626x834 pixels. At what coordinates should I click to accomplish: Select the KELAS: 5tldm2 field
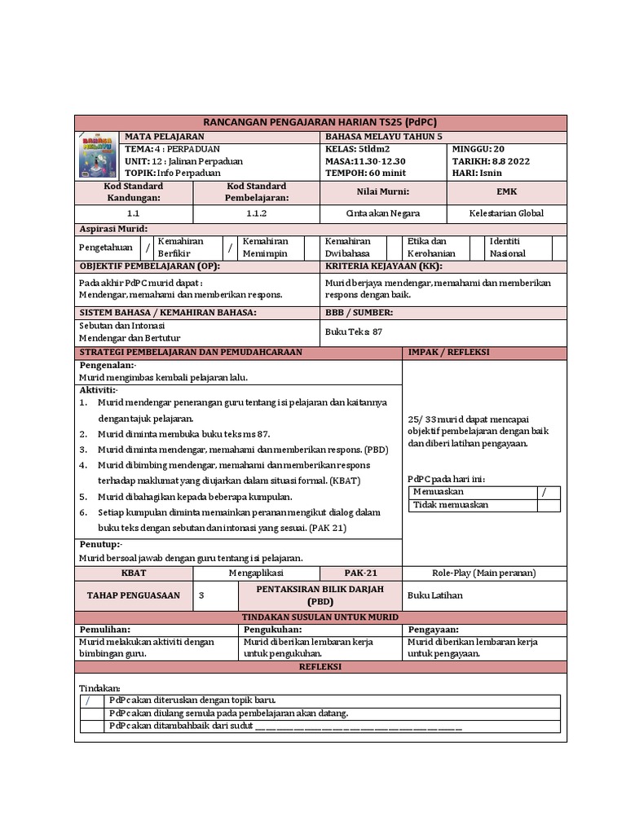click(x=358, y=149)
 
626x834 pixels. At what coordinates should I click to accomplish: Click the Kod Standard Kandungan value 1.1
click(x=134, y=213)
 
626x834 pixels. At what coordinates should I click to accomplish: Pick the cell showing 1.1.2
click(x=257, y=213)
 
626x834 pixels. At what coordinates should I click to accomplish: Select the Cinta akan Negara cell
click(x=383, y=213)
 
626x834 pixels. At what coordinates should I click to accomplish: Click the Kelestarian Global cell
click(x=506, y=213)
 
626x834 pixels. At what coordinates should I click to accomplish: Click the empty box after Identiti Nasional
click(x=558, y=248)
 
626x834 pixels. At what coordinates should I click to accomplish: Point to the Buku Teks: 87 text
click(x=354, y=331)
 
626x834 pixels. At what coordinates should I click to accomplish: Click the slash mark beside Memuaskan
click(x=544, y=492)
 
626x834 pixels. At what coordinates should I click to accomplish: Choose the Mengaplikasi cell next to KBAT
click(x=256, y=573)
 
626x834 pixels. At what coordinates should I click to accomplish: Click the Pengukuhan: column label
click(x=274, y=630)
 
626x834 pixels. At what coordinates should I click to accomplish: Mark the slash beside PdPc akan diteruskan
click(x=89, y=700)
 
